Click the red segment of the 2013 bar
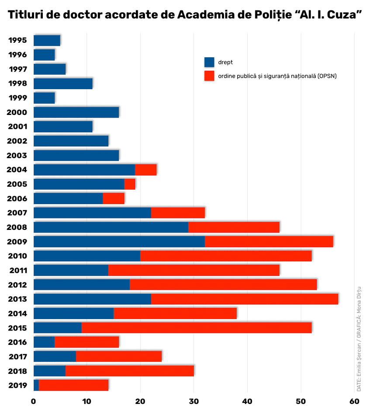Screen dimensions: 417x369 point(245,299)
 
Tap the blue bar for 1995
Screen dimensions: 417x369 point(47,40)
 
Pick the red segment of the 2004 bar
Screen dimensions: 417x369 point(145,170)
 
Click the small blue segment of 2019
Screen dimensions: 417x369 point(36,385)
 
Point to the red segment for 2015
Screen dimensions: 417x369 point(197,328)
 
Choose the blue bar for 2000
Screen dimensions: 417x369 point(76,112)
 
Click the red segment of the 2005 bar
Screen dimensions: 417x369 point(130,184)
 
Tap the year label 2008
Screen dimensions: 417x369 point(17,227)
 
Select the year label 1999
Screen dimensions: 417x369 point(18,98)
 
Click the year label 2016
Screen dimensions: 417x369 point(17,342)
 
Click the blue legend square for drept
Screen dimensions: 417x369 point(209,62)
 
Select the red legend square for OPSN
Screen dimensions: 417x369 point(209,76)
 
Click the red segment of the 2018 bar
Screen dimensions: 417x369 point(129,371)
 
